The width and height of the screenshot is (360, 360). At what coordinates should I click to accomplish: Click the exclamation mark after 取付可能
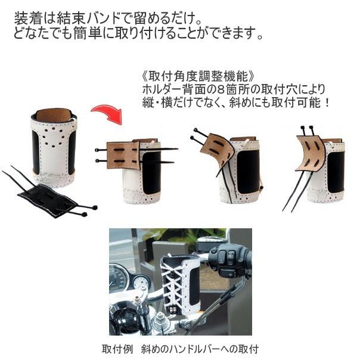click(326, 102)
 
